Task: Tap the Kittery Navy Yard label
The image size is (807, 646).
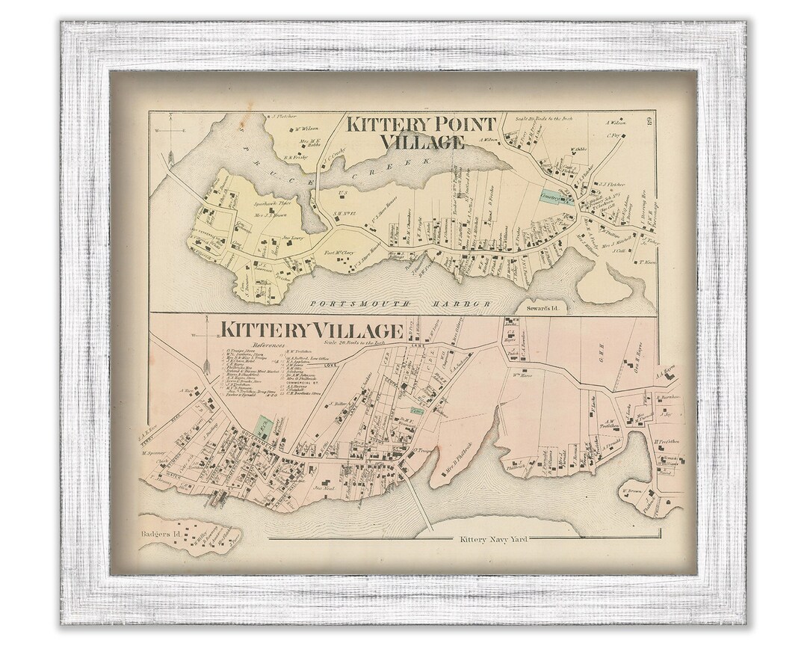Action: [x=494, y=539]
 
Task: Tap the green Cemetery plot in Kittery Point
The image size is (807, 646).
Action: [x=557, y=197]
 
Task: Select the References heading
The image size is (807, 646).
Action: [x=269, y=345]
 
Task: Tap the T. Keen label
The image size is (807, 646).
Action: [x=646, y=262]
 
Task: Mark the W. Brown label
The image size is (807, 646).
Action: [x=632, y=492]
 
